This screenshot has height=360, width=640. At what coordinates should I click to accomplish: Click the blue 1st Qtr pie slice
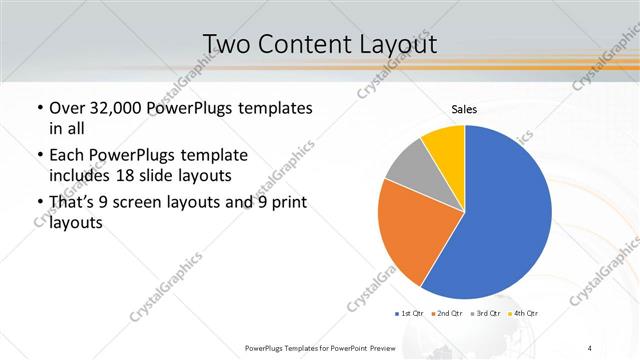coord(500,220)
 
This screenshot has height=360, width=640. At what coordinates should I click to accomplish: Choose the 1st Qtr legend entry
coord(411,313)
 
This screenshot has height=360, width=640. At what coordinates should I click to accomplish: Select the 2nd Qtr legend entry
coord(446,313)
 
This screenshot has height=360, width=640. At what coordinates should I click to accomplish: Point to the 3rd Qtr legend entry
coord(484,313)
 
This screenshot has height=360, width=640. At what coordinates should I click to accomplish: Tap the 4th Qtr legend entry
coord(521,313)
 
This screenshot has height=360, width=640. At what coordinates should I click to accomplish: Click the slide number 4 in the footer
coord(590,347)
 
